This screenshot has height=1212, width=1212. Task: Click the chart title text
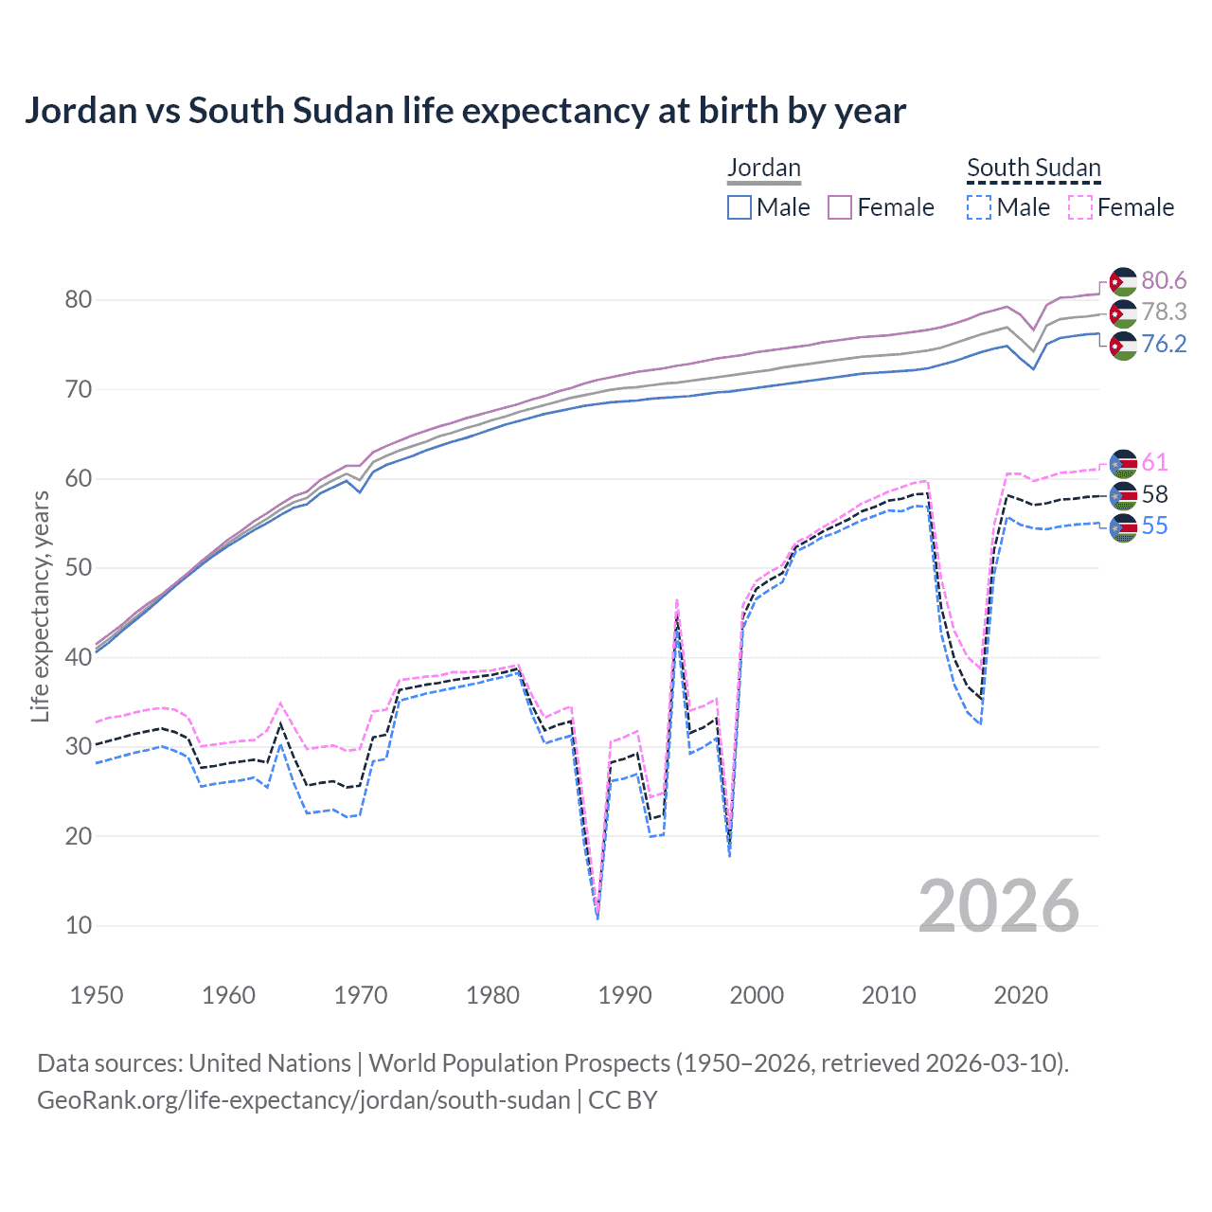pyautogui.click(x=465, y=111)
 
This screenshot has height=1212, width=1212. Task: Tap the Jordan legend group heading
pyautogui.click(x=764, y=168)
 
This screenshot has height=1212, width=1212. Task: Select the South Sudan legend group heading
pyautogui.click(x=1033, y=168)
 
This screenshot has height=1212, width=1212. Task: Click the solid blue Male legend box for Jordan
pyautogui.click(x=740, y=207)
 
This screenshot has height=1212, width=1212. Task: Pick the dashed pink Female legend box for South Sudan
pyautogui.click(x=1080, y=207)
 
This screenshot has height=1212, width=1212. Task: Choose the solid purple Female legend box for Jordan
pyautogui.click(x=841, y=207)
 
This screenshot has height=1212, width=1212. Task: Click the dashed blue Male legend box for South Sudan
pyautogui.click(x=979, y=207)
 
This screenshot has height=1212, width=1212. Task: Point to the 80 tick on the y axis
pyautogui.click(x=79, y=300)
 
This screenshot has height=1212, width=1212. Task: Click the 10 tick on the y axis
pyautogui.click(x=79, y=925)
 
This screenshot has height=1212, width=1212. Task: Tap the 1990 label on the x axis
pyautogui.click(x=625, y=995)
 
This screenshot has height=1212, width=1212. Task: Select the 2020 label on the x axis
pyautogui.click(x=1021, y=995)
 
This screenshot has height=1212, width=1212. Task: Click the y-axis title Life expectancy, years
pyautogui.click(x=41, y=606)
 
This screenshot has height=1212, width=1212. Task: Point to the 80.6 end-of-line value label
pyautogui.click(x=1164, y=280)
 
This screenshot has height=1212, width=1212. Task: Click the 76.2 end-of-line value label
pyautogui.click(x=1164, y=344)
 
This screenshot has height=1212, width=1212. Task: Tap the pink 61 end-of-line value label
pyautogui.click(x=1154, y=462)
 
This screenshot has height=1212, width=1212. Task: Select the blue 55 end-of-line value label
pyautogui.click(x=1154, y=526)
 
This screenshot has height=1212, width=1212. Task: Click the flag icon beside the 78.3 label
pyautogui.click(x=1123, y=313)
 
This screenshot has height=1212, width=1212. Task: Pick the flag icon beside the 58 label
pyautogui.click(x=1123, y=495)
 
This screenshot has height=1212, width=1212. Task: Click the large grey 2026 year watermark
pyautogui.click(x=998, y=906)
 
